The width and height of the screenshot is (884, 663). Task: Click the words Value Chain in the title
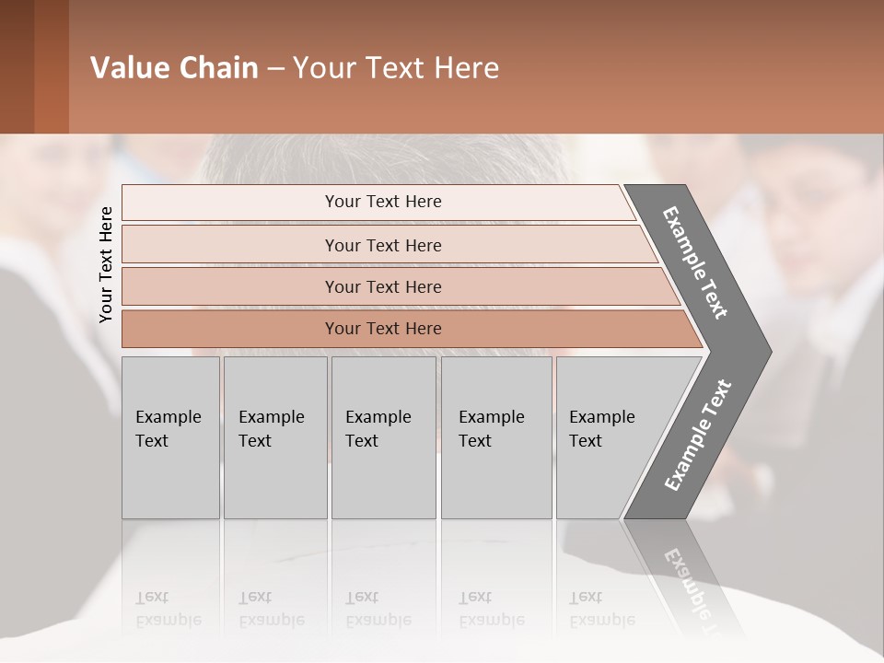pyautogui.click(x=174, y=68)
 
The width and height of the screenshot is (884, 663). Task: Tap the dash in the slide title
pyautogui.click(x=275, y=69)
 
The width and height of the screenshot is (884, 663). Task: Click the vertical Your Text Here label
pyautogui.click(x=107, y=265)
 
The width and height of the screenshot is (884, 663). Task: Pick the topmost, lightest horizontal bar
pyautogui.click(x=378, y=202)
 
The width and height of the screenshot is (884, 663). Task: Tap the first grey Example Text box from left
pyautogui.click(x=170, y=436)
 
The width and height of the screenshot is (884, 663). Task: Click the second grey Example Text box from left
pyautogui.click(x=274, y=436)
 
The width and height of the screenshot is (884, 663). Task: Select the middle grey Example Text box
pyautogui.click(x=383, y=436)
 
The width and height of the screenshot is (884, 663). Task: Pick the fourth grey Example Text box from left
pyautogui.click(x=495, y=436)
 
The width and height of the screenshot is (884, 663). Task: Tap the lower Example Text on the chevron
pyautogui.click(x=698, y=435)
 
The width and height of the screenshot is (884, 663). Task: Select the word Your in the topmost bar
pyautogui.click(x=343, y=202)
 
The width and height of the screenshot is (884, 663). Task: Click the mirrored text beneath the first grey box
pyautogui.click(x=169, y=609)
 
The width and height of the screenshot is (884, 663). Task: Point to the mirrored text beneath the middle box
pyautogui.click(x=378, y=609)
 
